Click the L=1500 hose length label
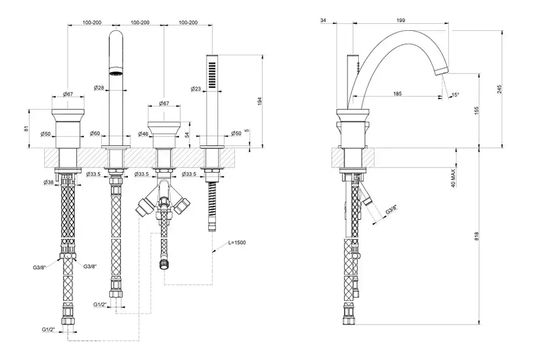[x=236, y=242]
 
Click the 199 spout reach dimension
[x=400, y=20]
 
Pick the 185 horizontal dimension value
[x=397, y=92]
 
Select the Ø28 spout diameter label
[x=98, y=88]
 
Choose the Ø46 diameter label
[x=143, y=134]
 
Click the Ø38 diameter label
[x=49, y=182]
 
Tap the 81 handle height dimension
[x=27, y=128]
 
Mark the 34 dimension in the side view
[x=323, y=20]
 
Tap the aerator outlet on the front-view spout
[x=116, y=74]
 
